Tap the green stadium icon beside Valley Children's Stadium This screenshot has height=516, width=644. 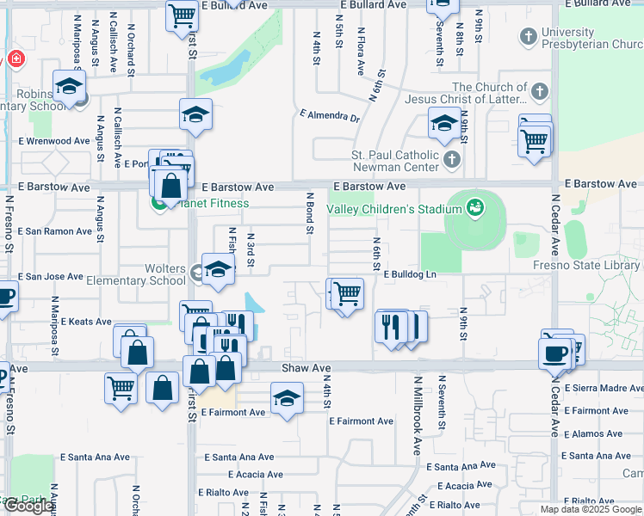pyautogui.click(x=474, y=206)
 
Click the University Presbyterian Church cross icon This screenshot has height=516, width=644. pyautogui.click(x=529, y=37)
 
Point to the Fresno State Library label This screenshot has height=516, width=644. pyautogui.click(x=586, y=266)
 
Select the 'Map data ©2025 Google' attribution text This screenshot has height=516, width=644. pyautogui.click(x=591, y=509)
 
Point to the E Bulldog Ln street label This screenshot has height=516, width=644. pyautogui.click(x=411, y=274)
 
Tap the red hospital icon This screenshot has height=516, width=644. pyautogui.click(x=15, y=60)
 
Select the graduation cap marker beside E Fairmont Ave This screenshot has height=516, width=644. pyautogui.click(x=287, y=398)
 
